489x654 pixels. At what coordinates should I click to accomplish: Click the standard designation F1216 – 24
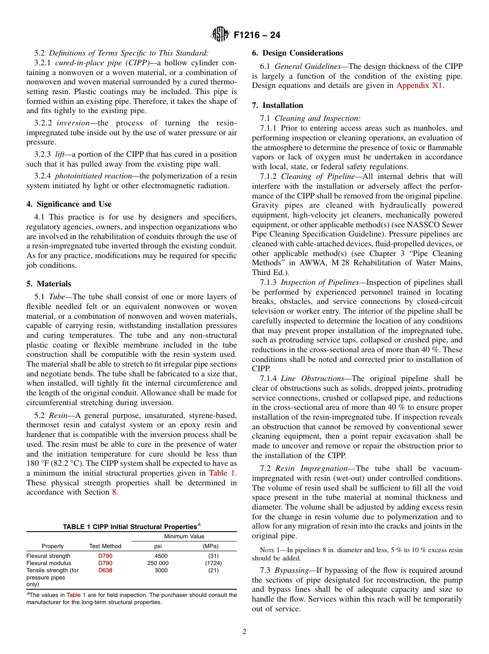[x=257, y=35]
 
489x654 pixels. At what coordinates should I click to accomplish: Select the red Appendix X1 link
[x=419, y=86]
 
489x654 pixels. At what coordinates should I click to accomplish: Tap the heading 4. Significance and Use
[x=68, y=204]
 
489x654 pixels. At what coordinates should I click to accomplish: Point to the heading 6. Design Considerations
[x=297, y=53]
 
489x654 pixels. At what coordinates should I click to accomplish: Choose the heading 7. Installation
[x=277, y=105]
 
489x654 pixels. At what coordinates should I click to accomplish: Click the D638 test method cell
[x=105, y=570]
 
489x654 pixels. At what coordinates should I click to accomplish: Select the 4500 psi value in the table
[x=161, y=556]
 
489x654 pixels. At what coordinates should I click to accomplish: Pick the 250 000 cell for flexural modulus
[x=158, y=563]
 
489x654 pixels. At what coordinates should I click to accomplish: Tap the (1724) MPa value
[x=210, y=563]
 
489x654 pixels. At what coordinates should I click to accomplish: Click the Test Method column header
[x=105, y=546]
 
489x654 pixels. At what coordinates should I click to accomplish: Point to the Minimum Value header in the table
[x=184, y=536]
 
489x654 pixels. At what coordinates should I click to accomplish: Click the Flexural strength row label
[x=48, y=556]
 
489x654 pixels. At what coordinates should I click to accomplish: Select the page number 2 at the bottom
[x=244, y=632]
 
